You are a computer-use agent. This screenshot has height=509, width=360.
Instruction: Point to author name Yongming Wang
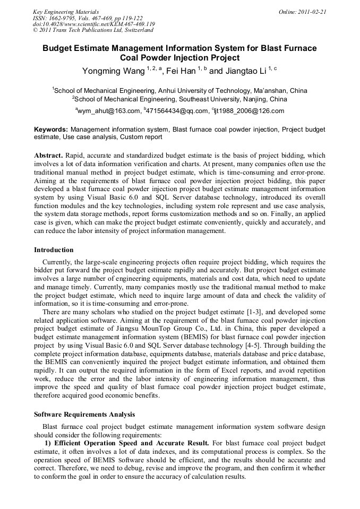pyautogui.click(x=113, y=71)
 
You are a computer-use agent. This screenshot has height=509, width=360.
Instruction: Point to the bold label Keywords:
pyautogui.click(x=51, y=129)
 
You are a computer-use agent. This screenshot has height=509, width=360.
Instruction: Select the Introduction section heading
pyautogui.click(x=54, y=250)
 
